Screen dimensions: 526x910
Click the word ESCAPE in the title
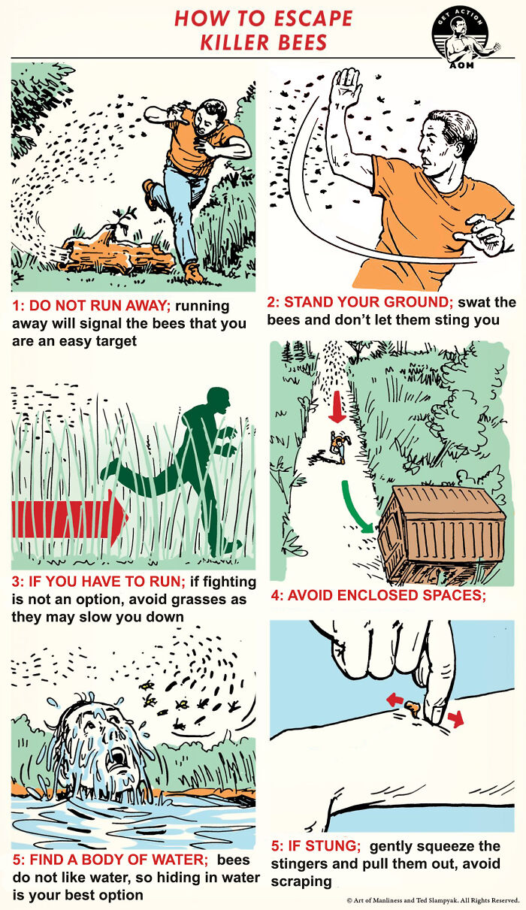313,19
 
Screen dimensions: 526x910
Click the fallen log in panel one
118,257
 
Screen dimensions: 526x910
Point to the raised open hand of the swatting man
345,87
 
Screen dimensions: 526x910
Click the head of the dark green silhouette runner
219,401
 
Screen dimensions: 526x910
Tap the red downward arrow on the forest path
337,407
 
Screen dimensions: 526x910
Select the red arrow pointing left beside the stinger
394,700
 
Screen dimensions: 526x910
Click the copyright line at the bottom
433,901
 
